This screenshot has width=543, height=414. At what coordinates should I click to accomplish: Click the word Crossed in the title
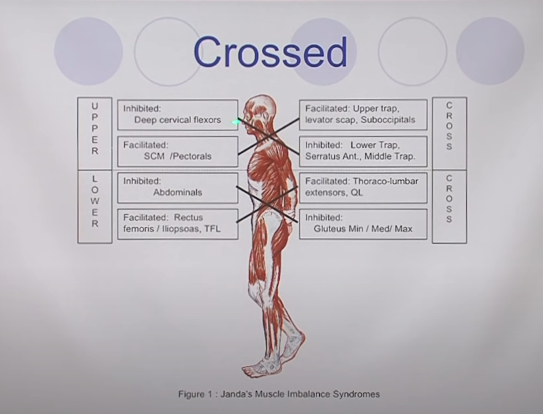tap(270, 52)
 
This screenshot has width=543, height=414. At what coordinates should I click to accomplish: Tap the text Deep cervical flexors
tap(177, 120)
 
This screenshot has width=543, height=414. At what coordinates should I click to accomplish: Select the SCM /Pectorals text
tap(177, 156)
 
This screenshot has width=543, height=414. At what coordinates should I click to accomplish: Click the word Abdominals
tap(178, 192)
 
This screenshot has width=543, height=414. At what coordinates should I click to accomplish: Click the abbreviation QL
tap(356, 192)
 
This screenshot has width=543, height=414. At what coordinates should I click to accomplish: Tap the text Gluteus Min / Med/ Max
tap(363, 229)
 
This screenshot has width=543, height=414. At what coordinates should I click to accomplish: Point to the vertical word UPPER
tap(95, 129)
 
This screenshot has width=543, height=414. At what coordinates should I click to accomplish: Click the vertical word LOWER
tap(95, 201)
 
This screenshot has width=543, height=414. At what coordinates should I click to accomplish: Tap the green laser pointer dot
tap(236, 122)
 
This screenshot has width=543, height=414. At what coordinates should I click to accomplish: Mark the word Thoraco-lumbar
tap(385, 181)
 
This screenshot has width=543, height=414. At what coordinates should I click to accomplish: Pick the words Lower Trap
tap(375, 145)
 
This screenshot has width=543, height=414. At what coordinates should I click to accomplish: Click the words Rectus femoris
tap(163, 223)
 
